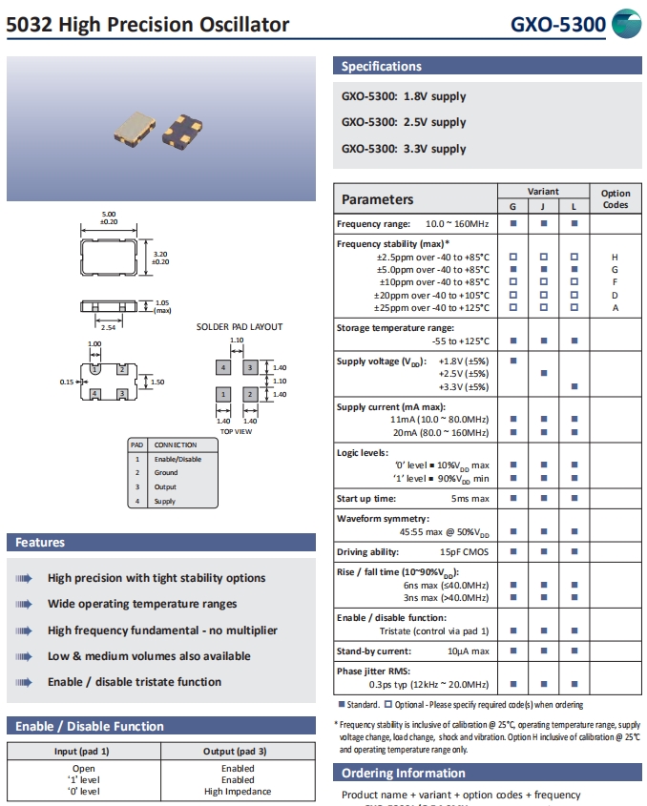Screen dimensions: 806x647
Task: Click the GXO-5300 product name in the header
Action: point(558,25)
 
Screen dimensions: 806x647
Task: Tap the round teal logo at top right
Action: point(627,24)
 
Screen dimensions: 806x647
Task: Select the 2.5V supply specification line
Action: point(404,122)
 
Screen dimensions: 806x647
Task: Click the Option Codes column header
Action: point(616,198)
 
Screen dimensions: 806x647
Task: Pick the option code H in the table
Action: point(616,258)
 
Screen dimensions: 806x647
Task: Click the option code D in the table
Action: point(616,295)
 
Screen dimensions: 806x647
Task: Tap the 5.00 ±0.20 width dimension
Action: point(109,217)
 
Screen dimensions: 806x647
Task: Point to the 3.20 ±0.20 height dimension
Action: point(160,257)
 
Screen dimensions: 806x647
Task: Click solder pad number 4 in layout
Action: point(223,367)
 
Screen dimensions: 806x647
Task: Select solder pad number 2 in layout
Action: point(250,393)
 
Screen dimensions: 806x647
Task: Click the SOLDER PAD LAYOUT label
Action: point(240,327)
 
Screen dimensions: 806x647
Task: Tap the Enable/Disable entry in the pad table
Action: point(177,459)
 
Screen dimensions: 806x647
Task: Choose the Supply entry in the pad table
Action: point(165,501)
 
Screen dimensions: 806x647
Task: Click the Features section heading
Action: point(40,543)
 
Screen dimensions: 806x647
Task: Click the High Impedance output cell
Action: point(238,791)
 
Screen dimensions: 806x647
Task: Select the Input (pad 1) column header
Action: point(81,751)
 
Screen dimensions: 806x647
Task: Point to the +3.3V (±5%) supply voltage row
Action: point(463,386)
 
